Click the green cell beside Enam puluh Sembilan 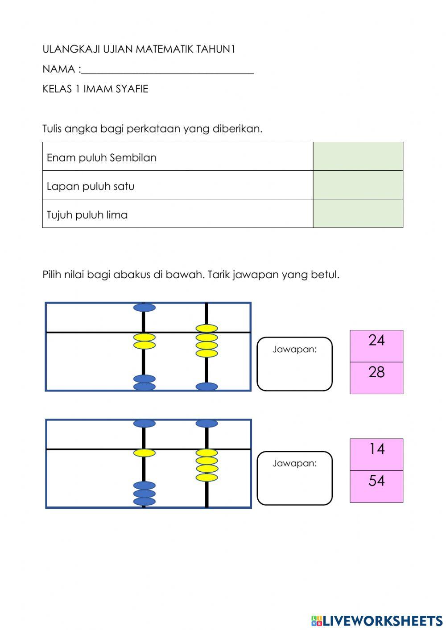coord(358,156)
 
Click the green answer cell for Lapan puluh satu coord(358,185)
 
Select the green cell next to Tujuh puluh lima coord(358,214)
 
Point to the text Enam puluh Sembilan coord(101,158)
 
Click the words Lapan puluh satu coord(91,186)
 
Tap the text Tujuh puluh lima coord(87,215)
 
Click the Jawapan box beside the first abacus coord(294,364)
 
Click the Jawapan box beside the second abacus coord(294,478)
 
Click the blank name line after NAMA coord(168,70)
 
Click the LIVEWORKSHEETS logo coord(377,620)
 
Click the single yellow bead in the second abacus coord(144,453)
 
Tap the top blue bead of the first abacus coord(145,307)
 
